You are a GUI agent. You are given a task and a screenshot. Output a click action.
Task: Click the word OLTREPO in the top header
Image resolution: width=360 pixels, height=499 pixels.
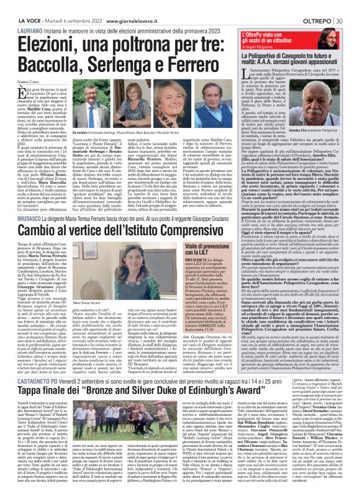click(x=318, y=6)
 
